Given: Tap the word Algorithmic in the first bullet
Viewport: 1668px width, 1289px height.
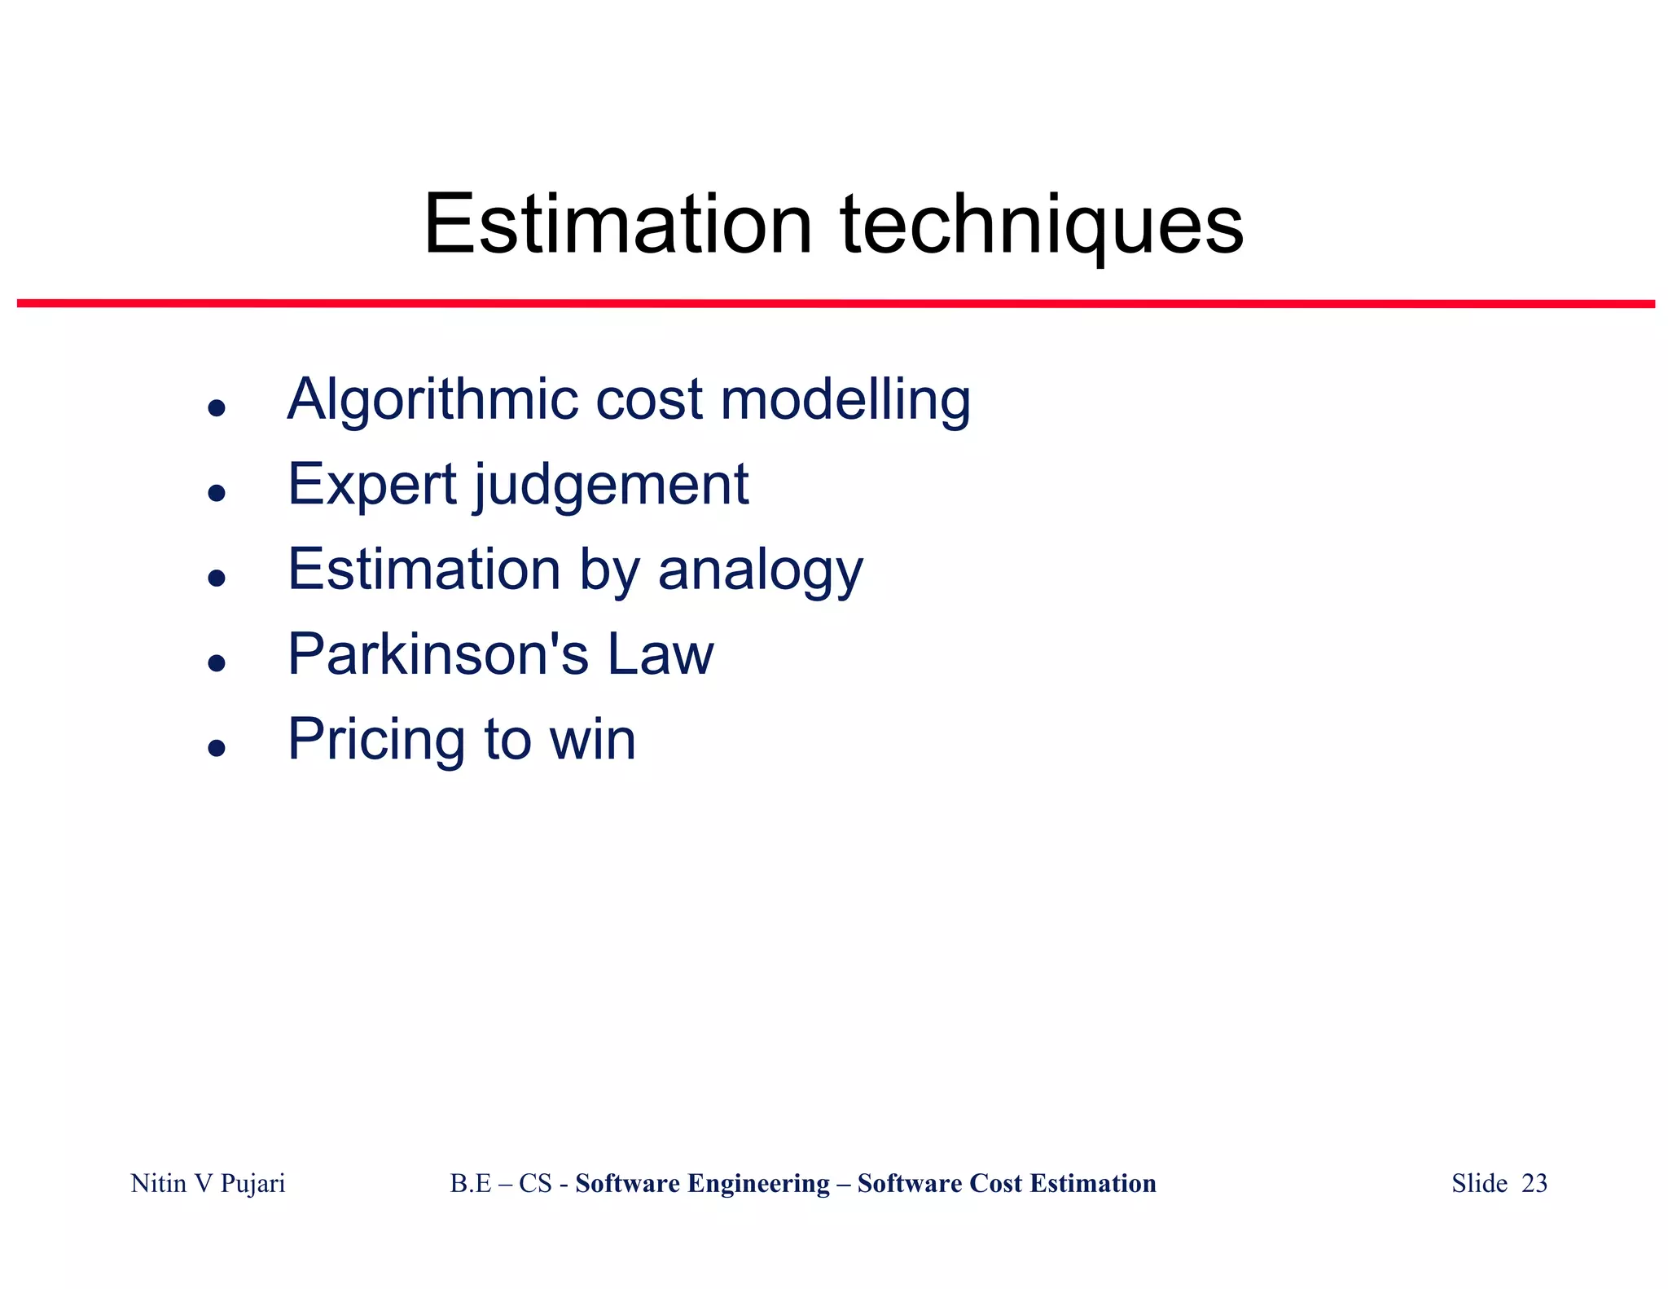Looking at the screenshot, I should pyautogui.click(x=433, y=401).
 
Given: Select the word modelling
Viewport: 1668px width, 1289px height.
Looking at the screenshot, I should pyautogui.click(x=845, y=400).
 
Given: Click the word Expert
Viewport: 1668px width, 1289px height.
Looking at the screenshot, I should pyautogui.click(x=372, y=486).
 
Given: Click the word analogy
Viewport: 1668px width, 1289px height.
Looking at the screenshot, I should pyautogui.click(x=760, y=571).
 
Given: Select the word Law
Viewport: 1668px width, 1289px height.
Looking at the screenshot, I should pyautogui.click(x=661, y=654).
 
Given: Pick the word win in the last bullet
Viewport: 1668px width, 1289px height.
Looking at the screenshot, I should pyautogui.click(x=592, y=740).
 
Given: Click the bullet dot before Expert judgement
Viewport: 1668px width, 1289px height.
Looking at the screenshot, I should pyautogui.click(x=216, y=492).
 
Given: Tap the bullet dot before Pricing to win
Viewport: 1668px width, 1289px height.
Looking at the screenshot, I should pyautogui.click(x=216, y=747).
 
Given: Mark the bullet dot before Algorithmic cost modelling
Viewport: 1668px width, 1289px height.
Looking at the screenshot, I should pyautogui.click(x=216, y=407).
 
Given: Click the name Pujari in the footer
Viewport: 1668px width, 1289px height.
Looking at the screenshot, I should pyautogui.click(x=252, y=1183).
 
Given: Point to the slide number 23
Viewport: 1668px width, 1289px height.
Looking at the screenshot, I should pyautogui.click(x=1534, y=1183).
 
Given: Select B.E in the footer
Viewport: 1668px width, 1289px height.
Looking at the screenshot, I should pyautogui.click(x=470, y=1183).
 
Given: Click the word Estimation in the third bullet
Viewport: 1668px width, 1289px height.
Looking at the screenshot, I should pyautogui.click(x=424, y=570).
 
